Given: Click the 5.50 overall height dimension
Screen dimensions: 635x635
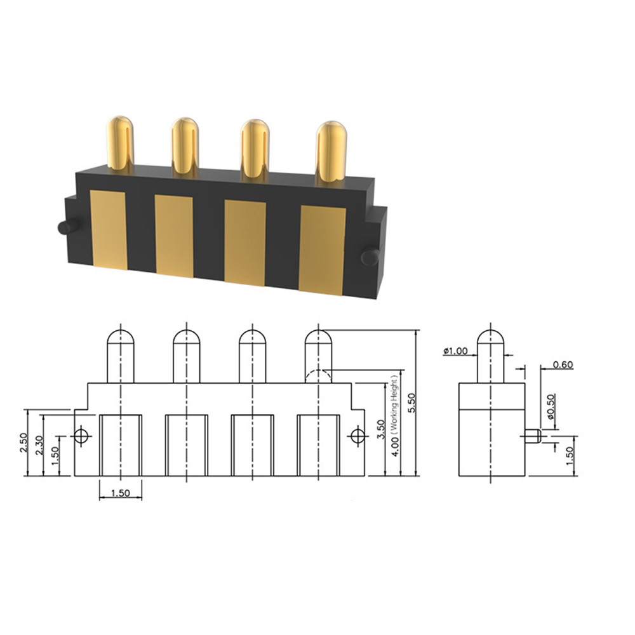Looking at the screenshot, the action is point(412,403).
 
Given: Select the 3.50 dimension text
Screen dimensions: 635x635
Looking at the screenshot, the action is point(380,429).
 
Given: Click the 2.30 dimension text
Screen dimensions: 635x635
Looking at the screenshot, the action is point(39,446).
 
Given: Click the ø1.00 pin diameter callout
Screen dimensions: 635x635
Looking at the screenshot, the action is point(455,351).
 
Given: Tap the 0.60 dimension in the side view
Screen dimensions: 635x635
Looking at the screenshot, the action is point(563,364).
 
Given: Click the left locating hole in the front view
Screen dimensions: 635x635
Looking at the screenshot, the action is point(81,436).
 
